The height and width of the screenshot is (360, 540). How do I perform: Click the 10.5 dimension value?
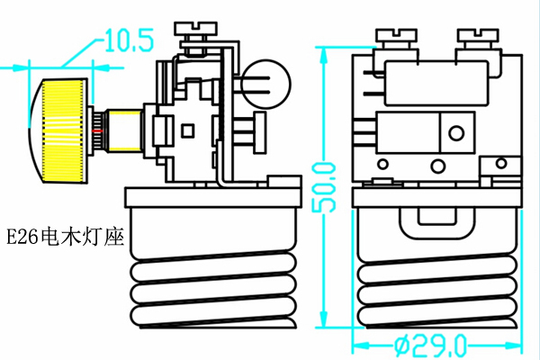click(130, 40)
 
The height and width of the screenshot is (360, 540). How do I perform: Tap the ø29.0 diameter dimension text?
click(431, 345)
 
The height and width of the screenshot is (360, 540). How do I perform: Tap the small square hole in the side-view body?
click(188, 130)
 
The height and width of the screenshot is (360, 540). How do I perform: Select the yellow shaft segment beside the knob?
click(124, 130)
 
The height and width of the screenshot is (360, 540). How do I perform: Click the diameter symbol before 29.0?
click(402, 345)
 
